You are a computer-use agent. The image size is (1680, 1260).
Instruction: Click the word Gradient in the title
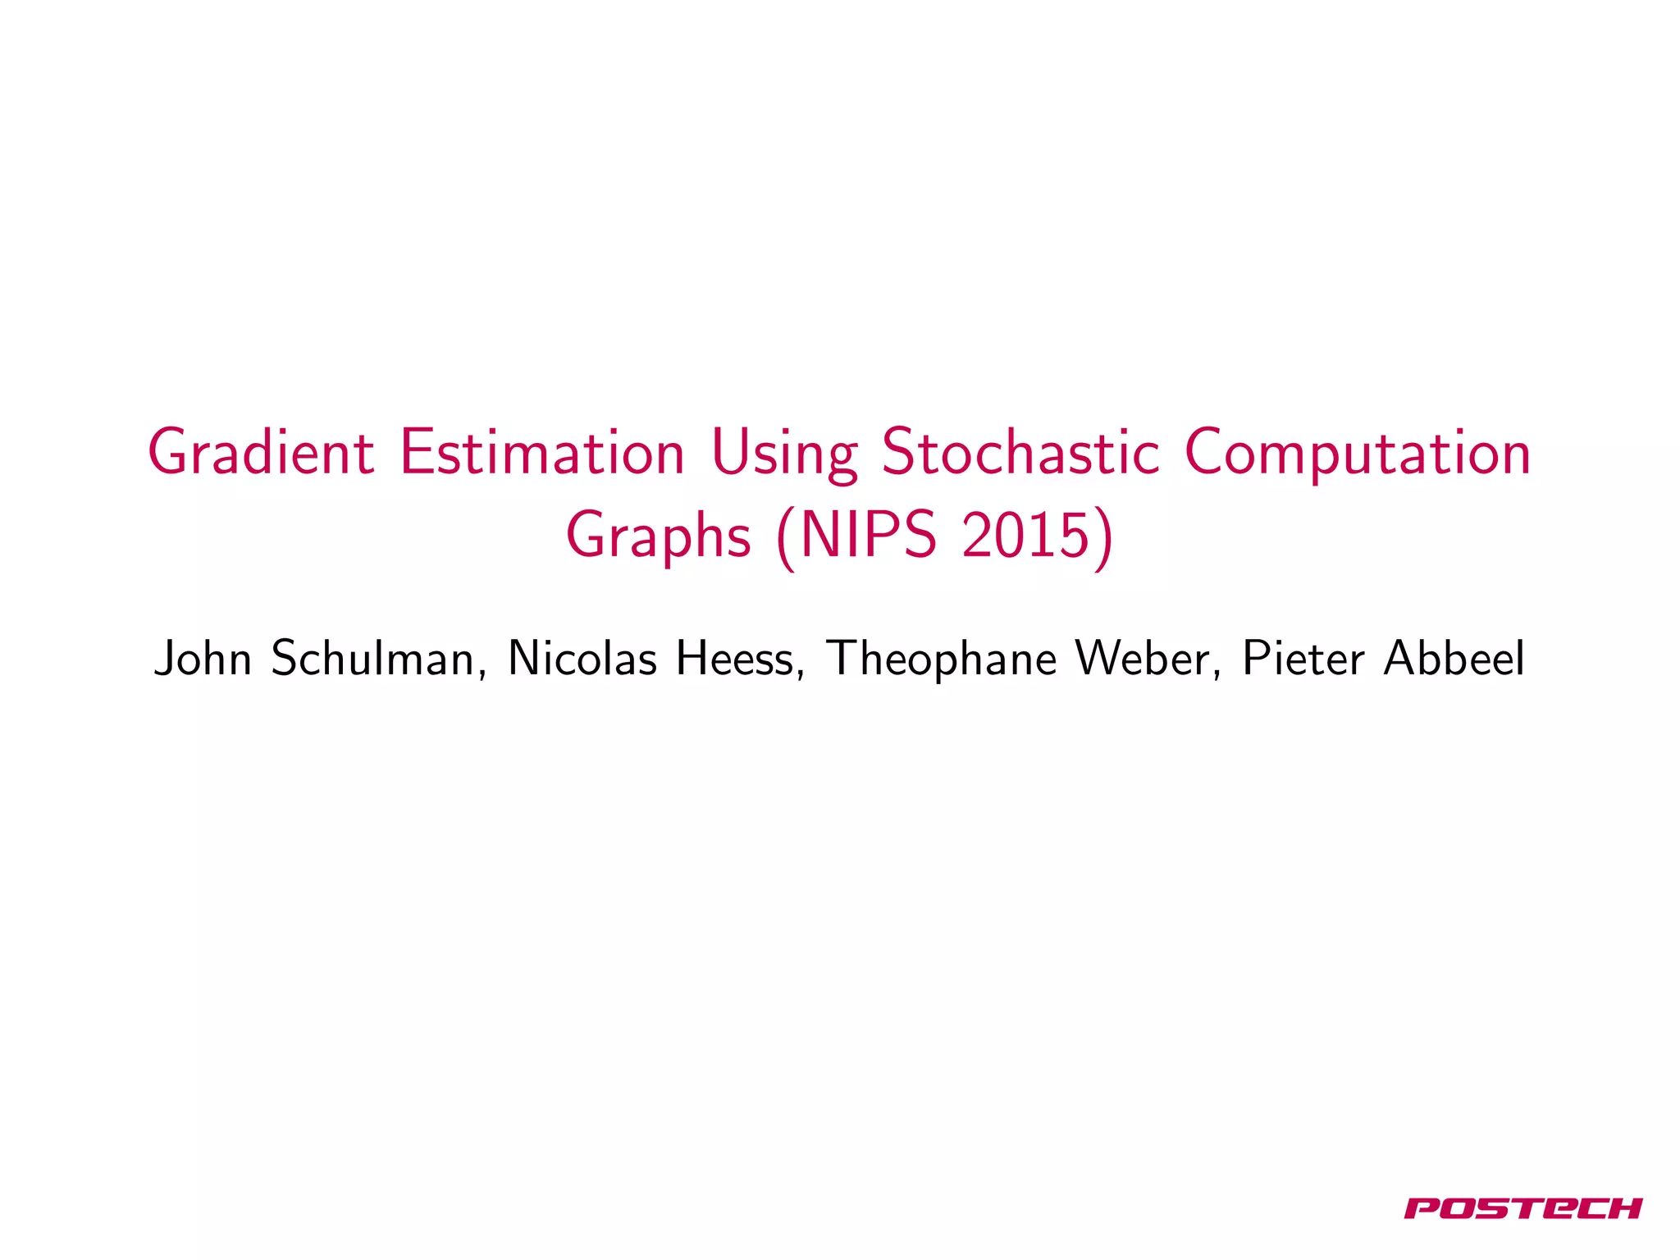(x=261, y=453)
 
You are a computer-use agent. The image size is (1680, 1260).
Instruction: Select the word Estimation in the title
(x=542, y=453)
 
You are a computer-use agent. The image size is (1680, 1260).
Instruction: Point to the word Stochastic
(x=1020, y=453)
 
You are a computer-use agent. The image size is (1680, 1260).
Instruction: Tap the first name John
(x=203, y=659)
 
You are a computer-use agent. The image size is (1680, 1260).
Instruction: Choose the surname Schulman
(x=375, y=659)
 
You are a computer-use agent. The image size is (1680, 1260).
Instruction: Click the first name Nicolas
(x=582, y=659)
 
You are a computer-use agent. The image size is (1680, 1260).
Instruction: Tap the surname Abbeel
(x=1454, y=659)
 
